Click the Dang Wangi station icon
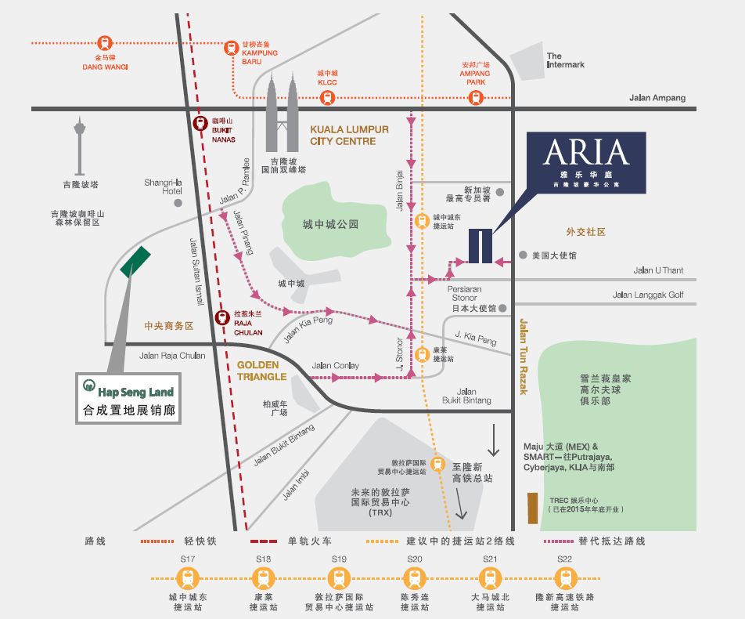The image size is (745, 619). click(x=105, y=43)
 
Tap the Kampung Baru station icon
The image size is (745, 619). click(x=232, y=48)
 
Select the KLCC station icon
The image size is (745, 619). click(x=327, y=98)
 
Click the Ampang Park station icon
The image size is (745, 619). click(x=475, y=98)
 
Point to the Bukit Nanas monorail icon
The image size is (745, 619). click(x=200, y=123)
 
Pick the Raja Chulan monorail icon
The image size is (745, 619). click(x=224, y=313)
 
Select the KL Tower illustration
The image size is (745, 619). click(x=80, y=145)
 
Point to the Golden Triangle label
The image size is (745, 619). click(x=262, y=371)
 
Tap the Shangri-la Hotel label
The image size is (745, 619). click(x=163, y=186)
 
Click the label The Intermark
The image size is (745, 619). click(x=565, y=60)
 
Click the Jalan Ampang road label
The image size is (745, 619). click(x=657, y=98)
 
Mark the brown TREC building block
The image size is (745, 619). click(x=532, y=508)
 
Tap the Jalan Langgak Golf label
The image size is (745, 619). click(x=648, y=295)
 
